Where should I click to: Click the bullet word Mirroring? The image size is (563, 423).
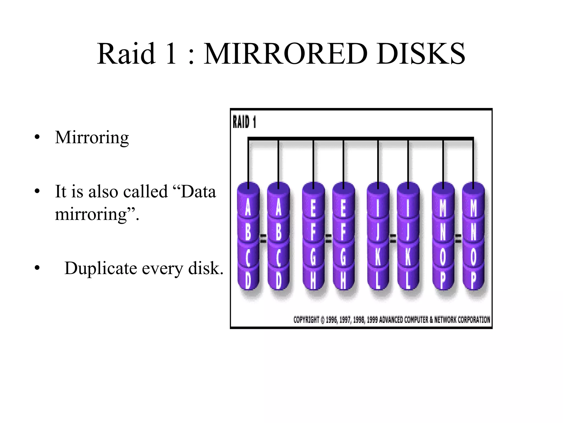tap(92, 138)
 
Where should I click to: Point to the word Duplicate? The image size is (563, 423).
tap(100, 268)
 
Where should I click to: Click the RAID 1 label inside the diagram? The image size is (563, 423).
tap(244, 122)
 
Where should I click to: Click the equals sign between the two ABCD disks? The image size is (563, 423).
tap(263, 238)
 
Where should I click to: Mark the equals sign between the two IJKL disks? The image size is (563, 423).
tap(393, 238)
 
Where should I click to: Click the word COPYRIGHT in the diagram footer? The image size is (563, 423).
tap(306, 320)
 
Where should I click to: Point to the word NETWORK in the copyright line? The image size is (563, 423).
tap(445, 320)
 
